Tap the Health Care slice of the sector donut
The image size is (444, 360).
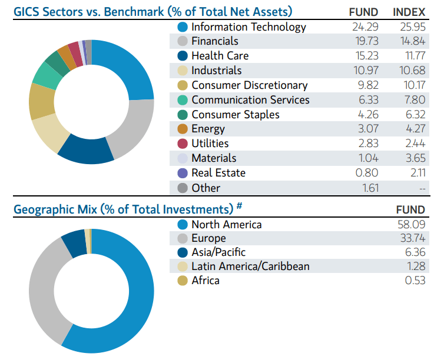[86, 149]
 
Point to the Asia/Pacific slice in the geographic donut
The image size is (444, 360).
[74, 242]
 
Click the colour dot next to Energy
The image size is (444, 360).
[183, 129]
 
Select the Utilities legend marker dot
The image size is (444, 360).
[183, 144]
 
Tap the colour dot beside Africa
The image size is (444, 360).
[183, 281]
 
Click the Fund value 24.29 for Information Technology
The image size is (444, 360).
[366, 26]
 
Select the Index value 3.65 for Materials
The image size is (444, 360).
[412, 158]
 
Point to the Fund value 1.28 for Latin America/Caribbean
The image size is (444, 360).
[414, 266]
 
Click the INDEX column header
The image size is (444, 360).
[409, 12]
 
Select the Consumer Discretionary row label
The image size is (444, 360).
[249, 85]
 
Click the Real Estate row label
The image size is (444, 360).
[218, 173]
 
